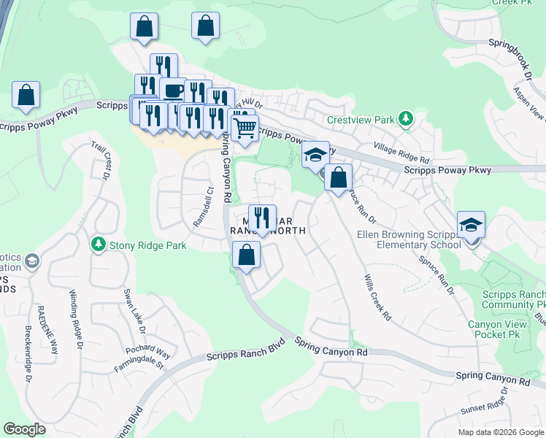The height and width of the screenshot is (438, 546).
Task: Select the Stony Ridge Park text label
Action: tap(147, 245)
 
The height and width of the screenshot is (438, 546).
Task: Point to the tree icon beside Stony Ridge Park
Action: tap(98, 243)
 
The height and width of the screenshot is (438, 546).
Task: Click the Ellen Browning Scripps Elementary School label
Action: tap(409, 239)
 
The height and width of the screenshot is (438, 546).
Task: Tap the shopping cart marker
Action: tap(245, 128)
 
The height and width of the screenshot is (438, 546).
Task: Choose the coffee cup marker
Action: tap(173, 91)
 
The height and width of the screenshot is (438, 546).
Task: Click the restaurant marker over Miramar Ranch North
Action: tap(262, 218)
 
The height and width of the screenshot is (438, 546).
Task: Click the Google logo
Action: tap(25, 429)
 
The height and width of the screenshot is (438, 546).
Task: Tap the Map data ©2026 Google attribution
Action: tap(500, 432)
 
